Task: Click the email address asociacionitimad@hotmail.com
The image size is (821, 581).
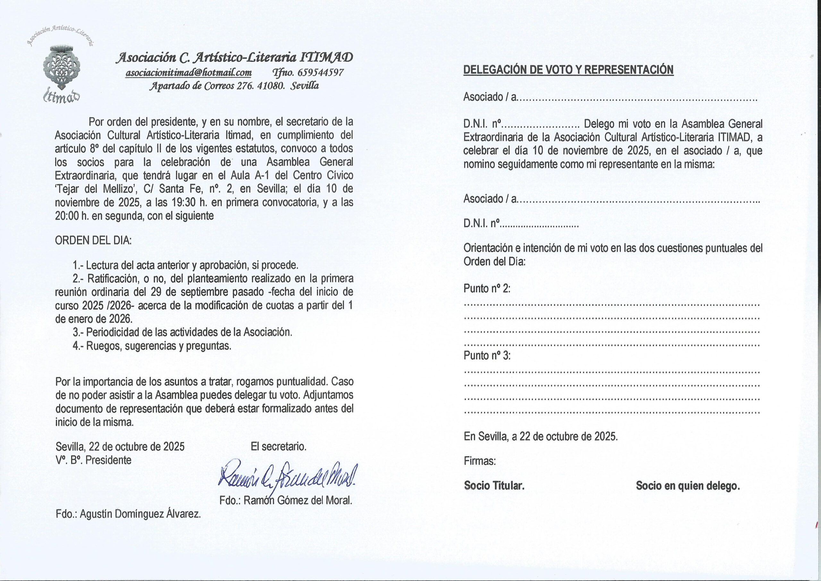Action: tap(189, 73)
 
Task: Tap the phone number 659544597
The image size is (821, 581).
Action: tap(320, 73)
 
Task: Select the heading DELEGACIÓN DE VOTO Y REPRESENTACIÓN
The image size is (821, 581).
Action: tap(568, 69)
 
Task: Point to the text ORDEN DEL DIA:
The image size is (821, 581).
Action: tap(93, 240)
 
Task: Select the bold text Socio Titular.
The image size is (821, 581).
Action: tap(494, 485)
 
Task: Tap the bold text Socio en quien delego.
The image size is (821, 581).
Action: tap(688, 486)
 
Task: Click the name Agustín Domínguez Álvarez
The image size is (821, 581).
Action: tap(140, 514)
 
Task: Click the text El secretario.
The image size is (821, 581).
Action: tap(279, 447)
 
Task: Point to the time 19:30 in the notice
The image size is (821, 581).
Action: tap(184, 202)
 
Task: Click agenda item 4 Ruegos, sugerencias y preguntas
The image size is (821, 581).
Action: tap(152, 346)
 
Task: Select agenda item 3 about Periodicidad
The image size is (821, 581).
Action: tap(182, 332)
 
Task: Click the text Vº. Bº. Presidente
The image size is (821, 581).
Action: tap(93, 460)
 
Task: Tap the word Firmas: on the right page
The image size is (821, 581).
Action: tap(480, 461)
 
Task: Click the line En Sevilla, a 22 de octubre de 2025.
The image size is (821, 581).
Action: tap(541, 436)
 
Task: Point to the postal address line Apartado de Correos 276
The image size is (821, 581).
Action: tap(234, 86)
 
